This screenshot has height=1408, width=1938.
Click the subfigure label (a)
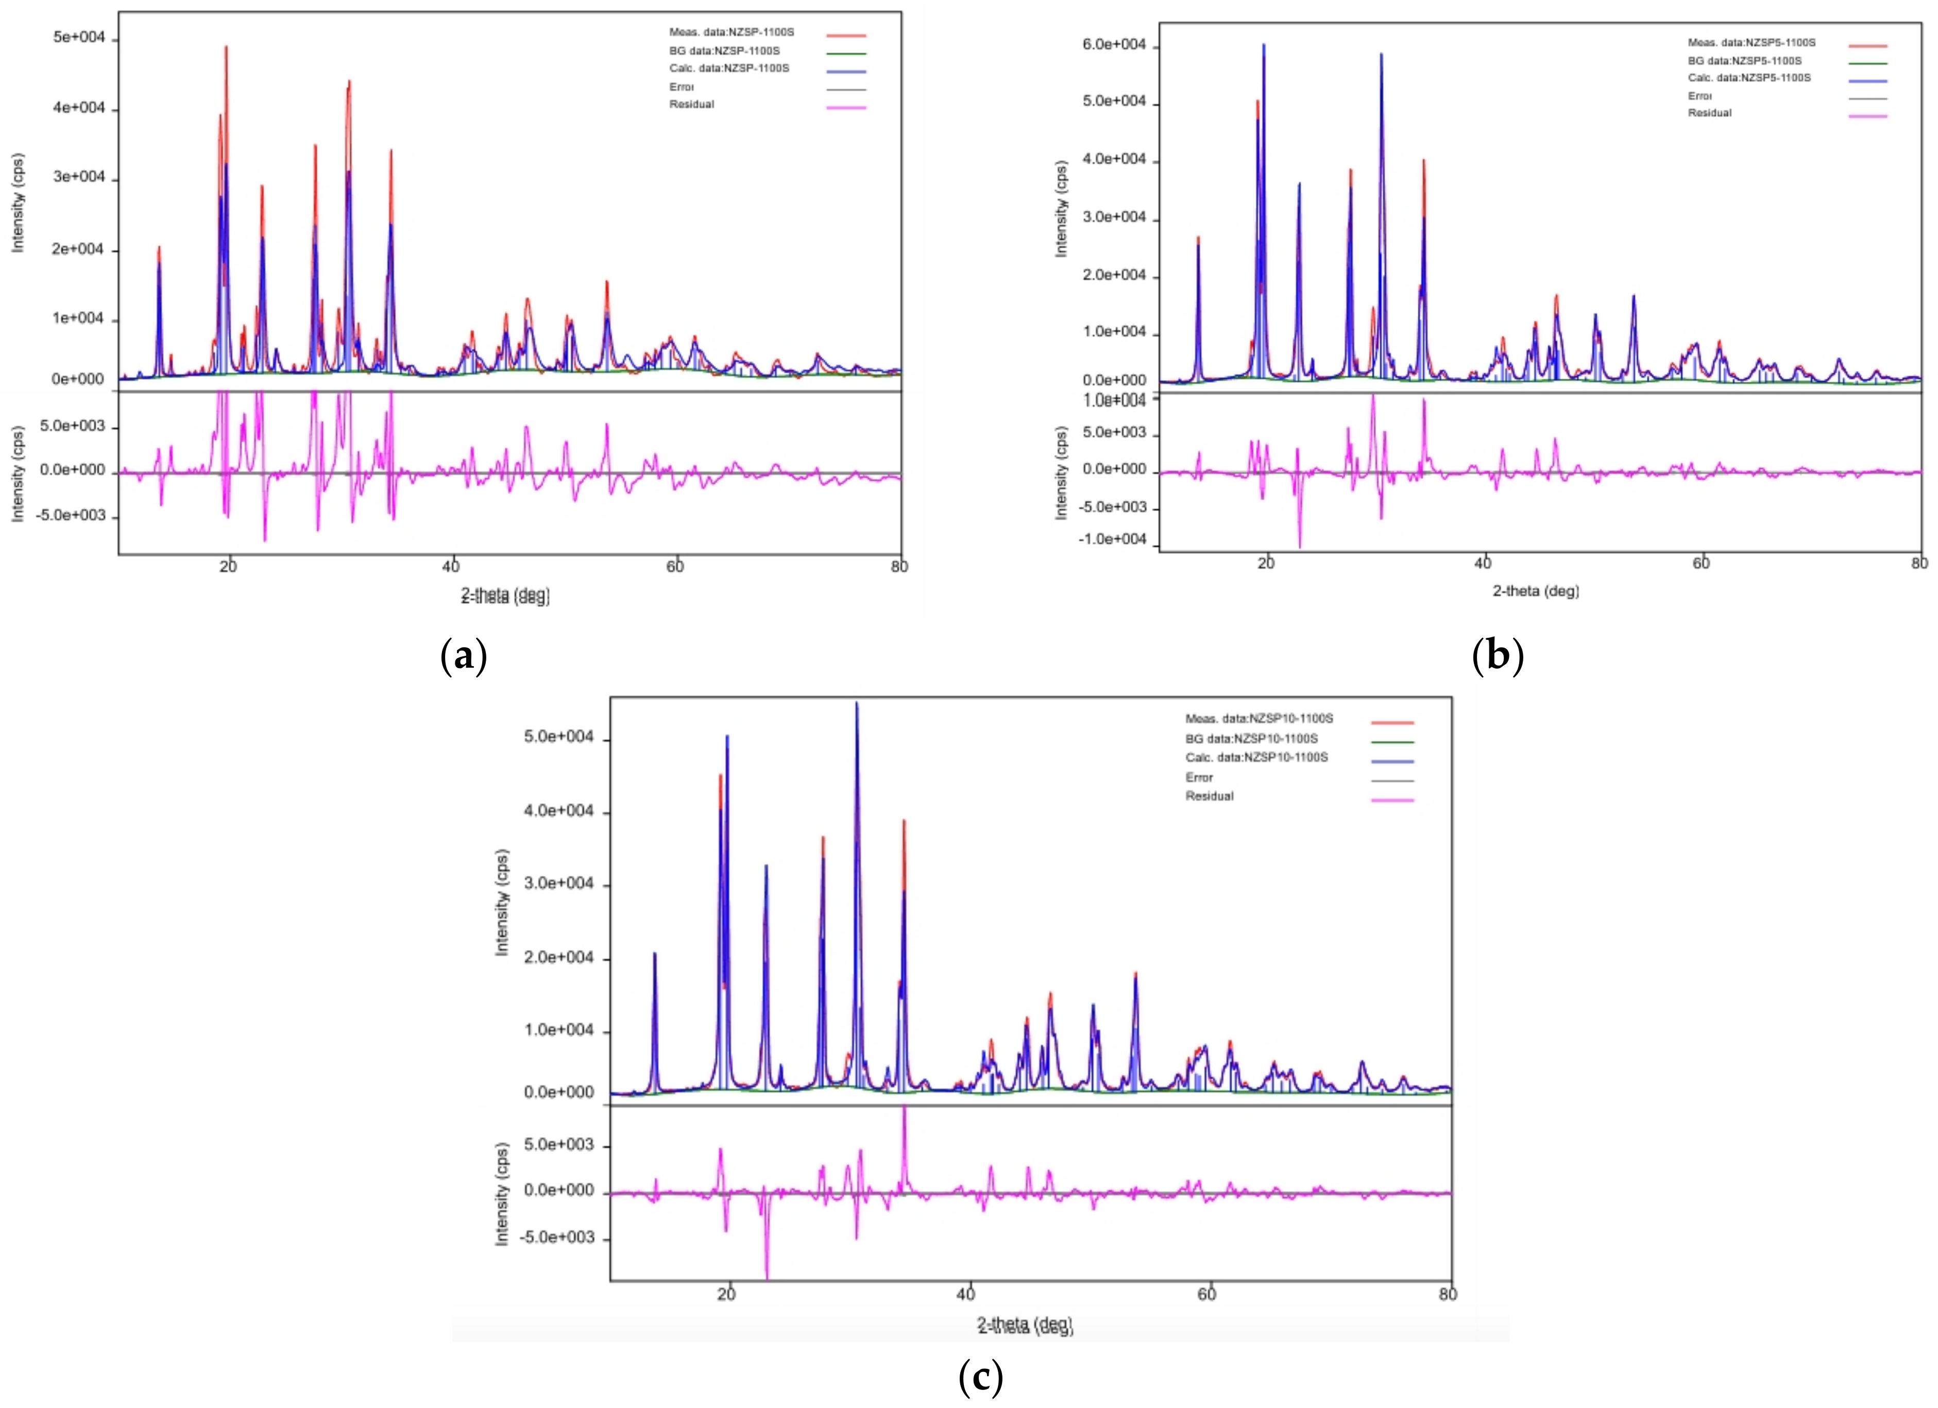pos(463,656)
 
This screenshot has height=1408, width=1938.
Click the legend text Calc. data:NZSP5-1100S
pos(1748,78)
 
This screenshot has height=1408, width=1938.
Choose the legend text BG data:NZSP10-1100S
pos(1251,738)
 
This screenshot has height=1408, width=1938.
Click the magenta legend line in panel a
pos(846,108)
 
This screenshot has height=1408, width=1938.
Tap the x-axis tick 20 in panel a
pos(228,567)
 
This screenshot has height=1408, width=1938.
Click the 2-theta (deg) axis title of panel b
pos(1536,590)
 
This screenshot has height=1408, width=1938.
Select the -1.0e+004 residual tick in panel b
pos(1113,538)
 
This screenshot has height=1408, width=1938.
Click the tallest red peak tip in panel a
pos(227,47)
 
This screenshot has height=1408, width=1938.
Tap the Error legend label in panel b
pos(1699,96)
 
